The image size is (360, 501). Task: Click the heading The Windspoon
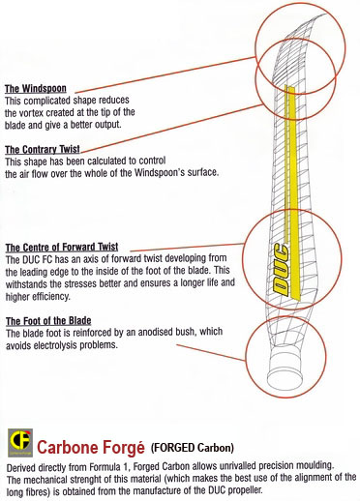click(x=36, y=89)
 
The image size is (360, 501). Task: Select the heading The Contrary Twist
click(x=43, y=150)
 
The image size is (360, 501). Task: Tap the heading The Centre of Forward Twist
click(x=62, y=248)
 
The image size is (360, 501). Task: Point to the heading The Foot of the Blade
click(x=48, y=321)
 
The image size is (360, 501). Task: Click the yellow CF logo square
click(x=20, y=443)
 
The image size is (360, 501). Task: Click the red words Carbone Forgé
click(x=91, y=448)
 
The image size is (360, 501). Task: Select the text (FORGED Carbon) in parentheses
click(x=193, y=448)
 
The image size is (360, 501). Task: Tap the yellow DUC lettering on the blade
click(x=281, y=270)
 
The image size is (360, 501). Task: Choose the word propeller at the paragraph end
click(x=246, y=490)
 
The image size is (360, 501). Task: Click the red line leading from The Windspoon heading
click(x=165, y=74)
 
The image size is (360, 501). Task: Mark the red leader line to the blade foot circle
click(x=211, y=352)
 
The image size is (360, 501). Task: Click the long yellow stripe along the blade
click(x=293, y=192)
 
